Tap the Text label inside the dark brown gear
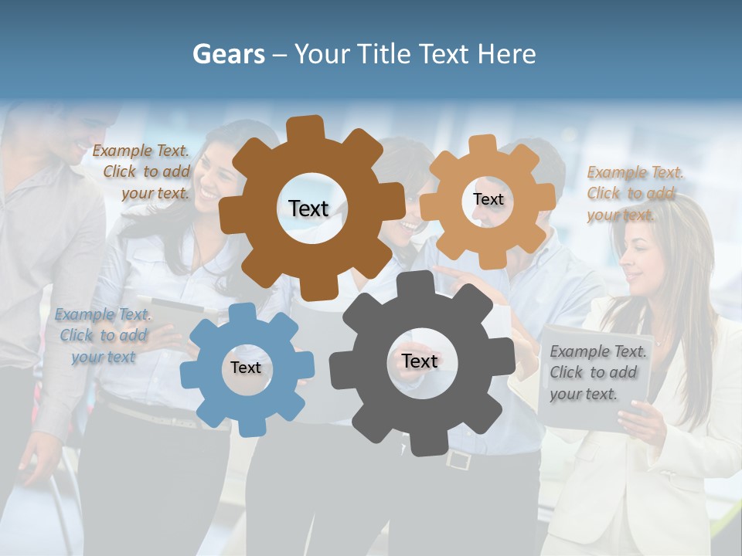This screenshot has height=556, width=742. [x=308, y=208]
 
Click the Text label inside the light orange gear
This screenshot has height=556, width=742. [x=488, y=199]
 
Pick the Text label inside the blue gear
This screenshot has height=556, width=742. [x=246, y=368]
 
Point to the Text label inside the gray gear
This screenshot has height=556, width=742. [x=420, y=361]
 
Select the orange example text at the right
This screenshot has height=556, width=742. [x=634, y=193]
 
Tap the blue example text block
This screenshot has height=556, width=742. [x=103, y=335]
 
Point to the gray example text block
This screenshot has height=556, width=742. [x=597, y=372]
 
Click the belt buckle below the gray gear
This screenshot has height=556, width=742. [x=458, y=460]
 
